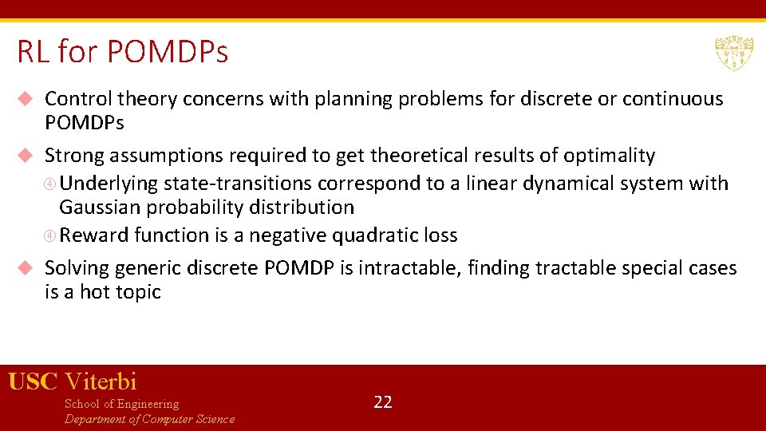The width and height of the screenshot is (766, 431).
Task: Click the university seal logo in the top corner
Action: point(733,53)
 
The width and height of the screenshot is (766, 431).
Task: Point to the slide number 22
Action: point(383,401)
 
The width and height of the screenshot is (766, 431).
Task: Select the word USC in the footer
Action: point(33,382)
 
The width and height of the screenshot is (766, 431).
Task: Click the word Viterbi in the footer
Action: point(101,382)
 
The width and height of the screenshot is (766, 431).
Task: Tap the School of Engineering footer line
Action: point(121,404)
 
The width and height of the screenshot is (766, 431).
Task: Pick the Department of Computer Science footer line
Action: point(149,419)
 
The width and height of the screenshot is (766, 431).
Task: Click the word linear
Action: point(492,184)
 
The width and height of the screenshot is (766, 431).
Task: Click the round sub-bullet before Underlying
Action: point(51,184)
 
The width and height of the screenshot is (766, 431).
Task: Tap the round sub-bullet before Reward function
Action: point(51,236)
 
